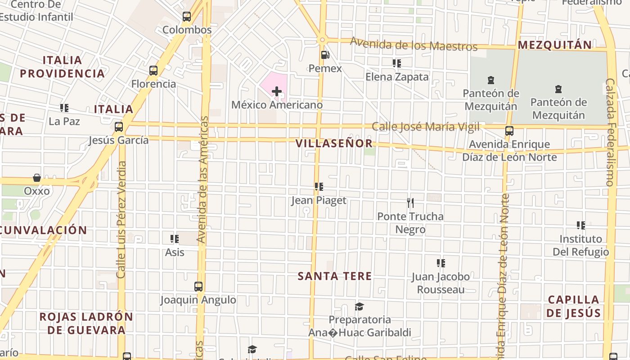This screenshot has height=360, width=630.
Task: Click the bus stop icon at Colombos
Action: click(187, 17)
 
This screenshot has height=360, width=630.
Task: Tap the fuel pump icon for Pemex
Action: click(325, 55)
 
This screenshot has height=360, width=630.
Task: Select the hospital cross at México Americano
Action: click(277, 92)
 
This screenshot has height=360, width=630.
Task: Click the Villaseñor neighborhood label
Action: click(334, 144)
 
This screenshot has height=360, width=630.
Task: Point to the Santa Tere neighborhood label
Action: click(335, 276)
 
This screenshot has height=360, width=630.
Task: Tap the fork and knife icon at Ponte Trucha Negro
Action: click(410, 203)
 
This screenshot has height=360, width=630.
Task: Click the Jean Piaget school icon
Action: click(319, 187)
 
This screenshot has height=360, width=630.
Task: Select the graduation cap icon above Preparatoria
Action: click(359, 307)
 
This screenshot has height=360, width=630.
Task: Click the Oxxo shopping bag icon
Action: click(37, 178)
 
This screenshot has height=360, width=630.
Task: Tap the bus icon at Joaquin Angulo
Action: click(198, 287)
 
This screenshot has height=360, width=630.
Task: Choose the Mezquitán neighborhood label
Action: click(554, 45)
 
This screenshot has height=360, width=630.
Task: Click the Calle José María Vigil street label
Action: click(425, 127)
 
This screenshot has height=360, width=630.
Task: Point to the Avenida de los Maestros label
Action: click(414, 45)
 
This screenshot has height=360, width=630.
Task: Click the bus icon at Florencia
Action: click(153, 71)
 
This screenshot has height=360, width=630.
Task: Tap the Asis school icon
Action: click(175, 239)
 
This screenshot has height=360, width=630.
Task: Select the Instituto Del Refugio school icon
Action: click(581, 225)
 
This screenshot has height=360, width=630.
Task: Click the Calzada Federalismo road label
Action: click(610, 133)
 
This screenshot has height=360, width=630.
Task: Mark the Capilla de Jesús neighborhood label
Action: click(574, 306)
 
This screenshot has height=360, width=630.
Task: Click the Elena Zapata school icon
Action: click(396, 63)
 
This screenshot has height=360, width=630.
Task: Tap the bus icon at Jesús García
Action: click(119, 127)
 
